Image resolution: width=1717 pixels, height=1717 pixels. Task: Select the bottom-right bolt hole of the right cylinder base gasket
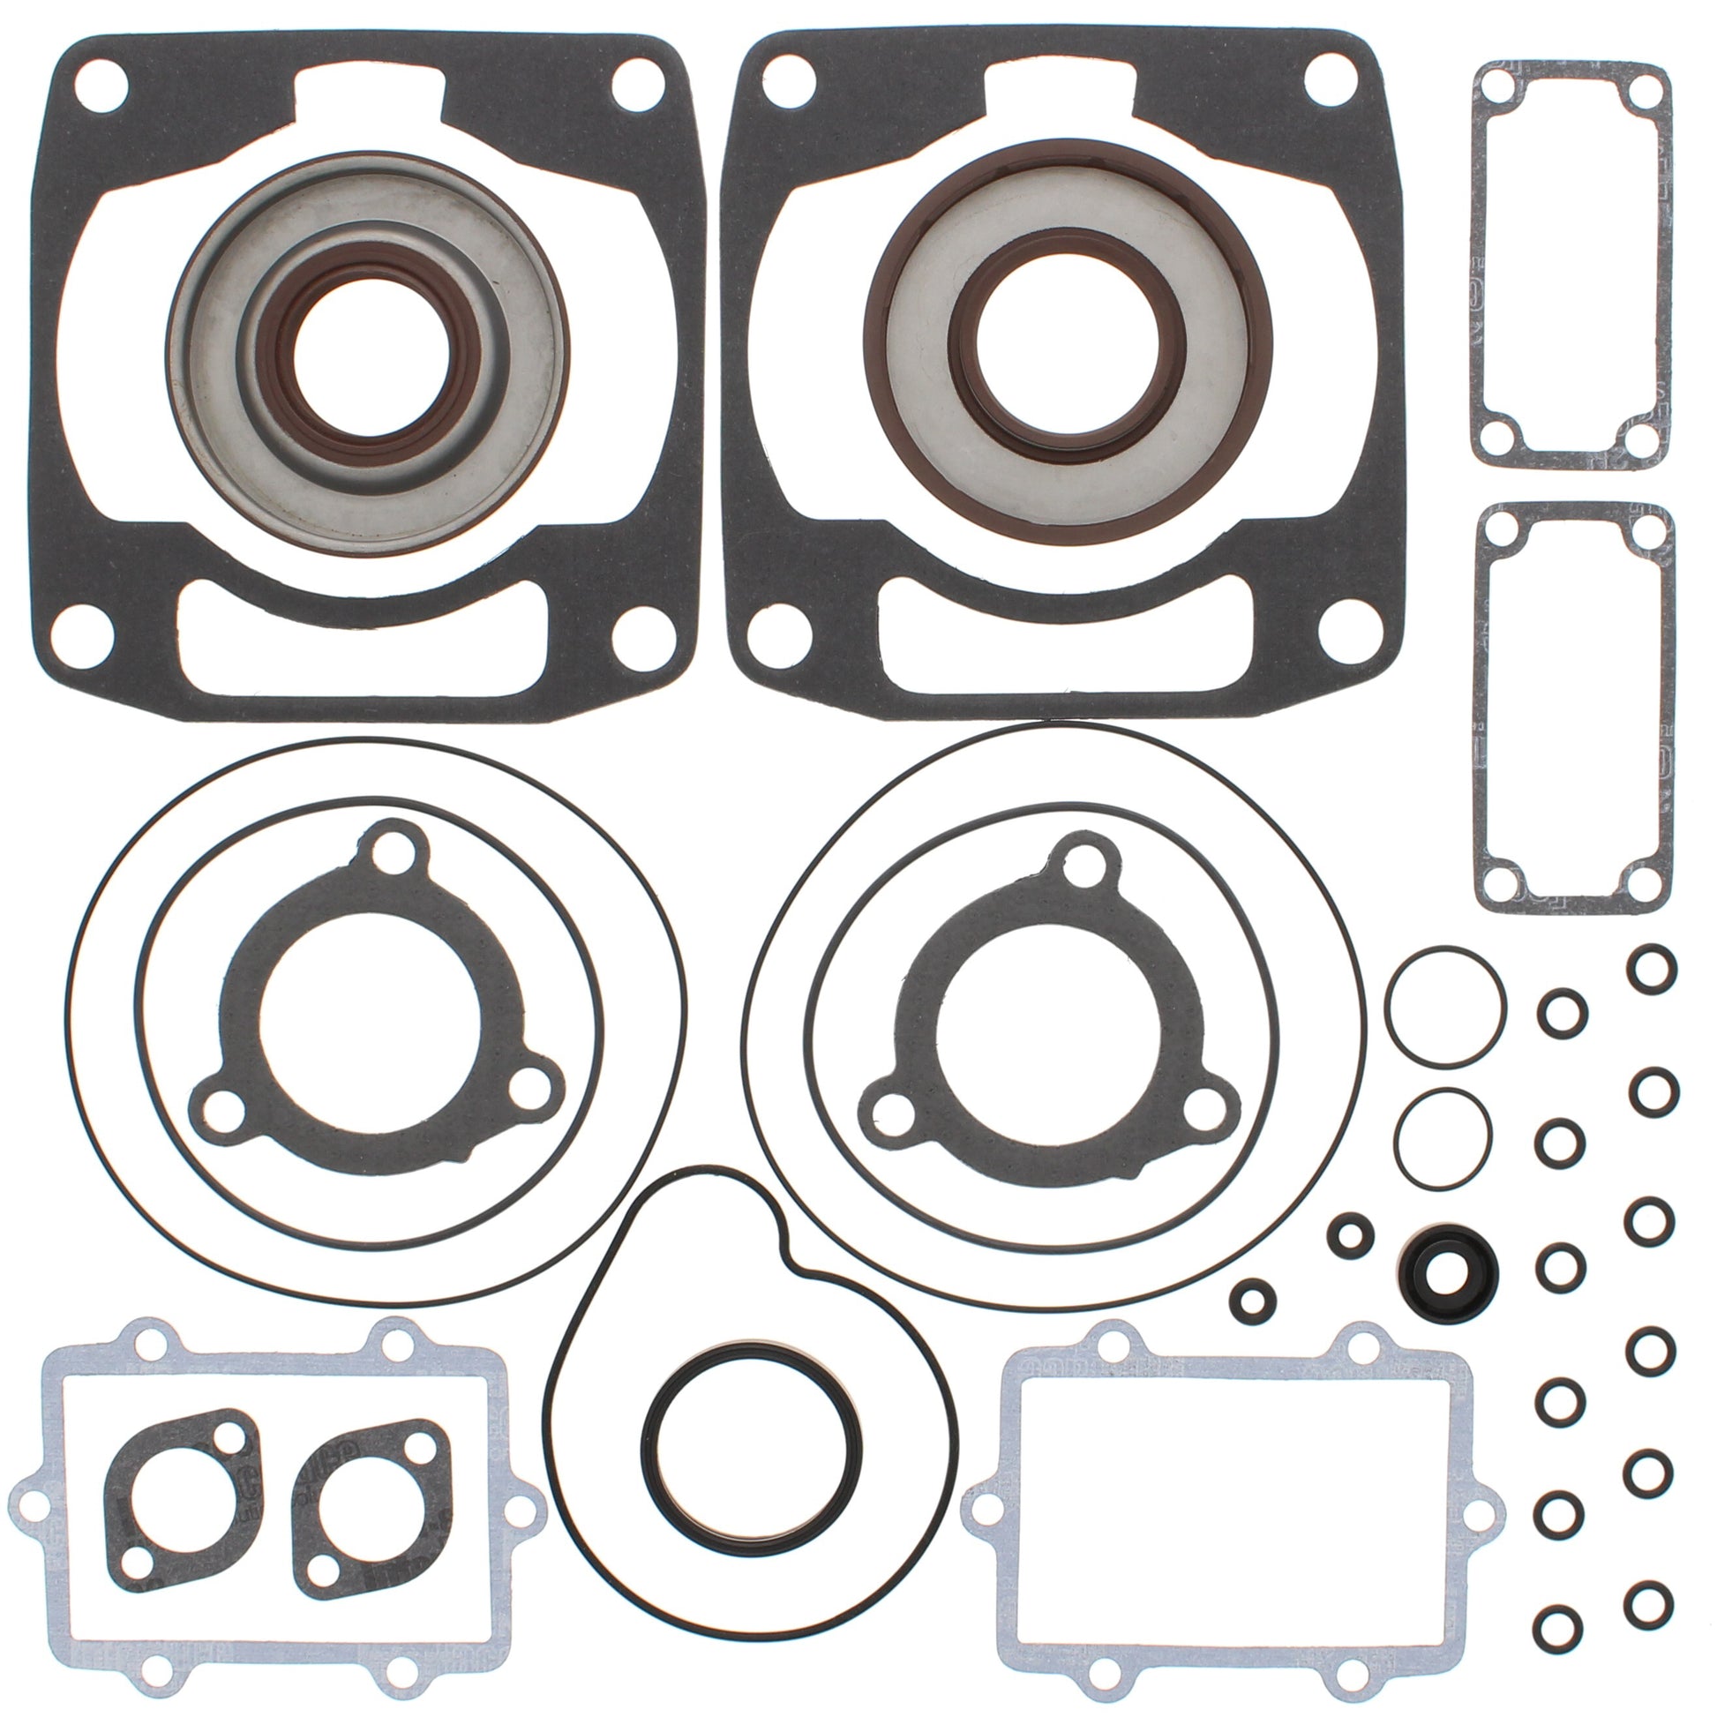point(1345,636)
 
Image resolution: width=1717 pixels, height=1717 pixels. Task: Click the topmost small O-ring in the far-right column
point(1652,969)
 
